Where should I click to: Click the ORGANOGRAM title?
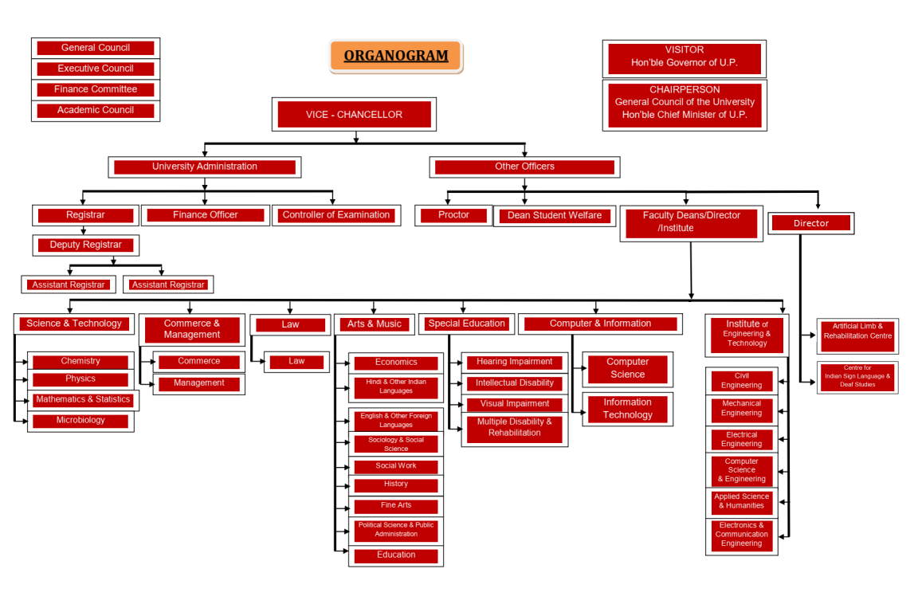[396, 57]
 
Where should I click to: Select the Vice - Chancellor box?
[354, 115]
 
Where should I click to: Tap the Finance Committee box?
[96, 89]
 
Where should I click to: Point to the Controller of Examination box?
[336, 215]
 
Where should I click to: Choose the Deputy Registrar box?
[86, 245]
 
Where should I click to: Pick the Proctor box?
[453, 215]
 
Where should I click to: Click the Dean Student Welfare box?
[555, 215]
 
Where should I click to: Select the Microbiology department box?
[80, 421]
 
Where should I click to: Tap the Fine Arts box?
[396, 505]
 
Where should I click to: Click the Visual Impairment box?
[515, 404]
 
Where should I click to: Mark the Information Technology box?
[628, 409]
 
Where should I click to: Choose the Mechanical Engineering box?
[742, 409]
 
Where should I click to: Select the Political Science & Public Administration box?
[396, 530]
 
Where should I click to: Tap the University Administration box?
[205, 167]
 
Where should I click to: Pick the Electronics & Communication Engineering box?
[742, 535]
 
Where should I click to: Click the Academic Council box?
[96, 110]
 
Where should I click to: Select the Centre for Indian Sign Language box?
[857, 377]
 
